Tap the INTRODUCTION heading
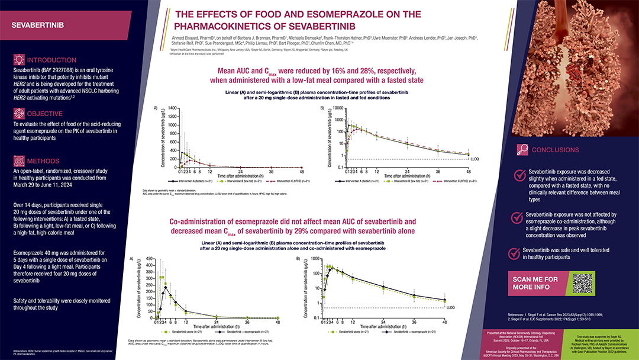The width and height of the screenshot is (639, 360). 51,60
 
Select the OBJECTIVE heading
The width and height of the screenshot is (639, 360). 45,113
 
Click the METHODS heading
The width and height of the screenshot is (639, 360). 43,161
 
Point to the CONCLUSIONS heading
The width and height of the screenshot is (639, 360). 555,150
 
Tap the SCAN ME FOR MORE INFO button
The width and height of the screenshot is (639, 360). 535,284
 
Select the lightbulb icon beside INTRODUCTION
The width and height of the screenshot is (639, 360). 19,60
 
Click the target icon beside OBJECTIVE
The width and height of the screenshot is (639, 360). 19,113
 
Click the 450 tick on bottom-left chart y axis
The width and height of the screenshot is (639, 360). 150,259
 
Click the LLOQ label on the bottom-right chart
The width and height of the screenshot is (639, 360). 450,308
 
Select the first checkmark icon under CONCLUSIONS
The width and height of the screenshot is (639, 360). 519,175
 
